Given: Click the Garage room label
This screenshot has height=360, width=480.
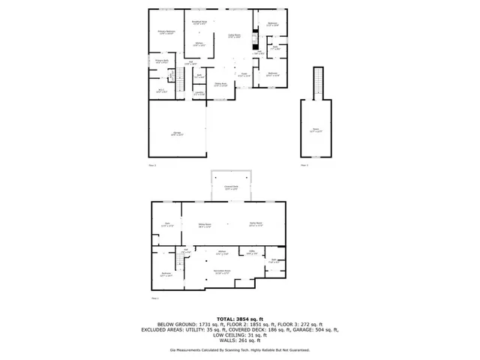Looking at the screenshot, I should click(x=177, y=133).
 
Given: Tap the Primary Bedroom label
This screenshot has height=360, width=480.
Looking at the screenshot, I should click(x=166, y=32).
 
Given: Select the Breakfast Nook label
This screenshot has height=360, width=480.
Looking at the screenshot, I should click(x=199, y=23).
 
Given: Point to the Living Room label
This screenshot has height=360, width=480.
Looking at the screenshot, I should click(x=234, y=36).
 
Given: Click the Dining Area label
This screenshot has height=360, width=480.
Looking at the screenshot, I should click(x=220, y=84).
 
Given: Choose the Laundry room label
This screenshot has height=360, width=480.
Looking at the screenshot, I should click(x=198, y=94).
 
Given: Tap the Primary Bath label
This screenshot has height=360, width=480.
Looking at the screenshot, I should click(x=161, y=61).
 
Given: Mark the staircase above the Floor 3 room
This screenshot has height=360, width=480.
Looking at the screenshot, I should click(x=316, y=82).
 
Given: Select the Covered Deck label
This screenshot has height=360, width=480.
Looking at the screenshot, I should click(x=231, y=187).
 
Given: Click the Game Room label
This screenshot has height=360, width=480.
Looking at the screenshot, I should click(x=255, y=224).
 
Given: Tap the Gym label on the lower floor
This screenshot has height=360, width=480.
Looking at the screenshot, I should click(x=167, y=224).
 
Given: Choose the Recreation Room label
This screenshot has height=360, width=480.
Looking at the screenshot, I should click(x=222, y=272).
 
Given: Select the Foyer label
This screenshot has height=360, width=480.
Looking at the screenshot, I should click(x=243, y=75).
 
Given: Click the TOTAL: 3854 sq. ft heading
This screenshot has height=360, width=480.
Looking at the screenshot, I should click(x=239, y=319).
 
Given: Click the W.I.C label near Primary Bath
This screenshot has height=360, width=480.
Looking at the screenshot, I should click(x=160, y=90).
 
